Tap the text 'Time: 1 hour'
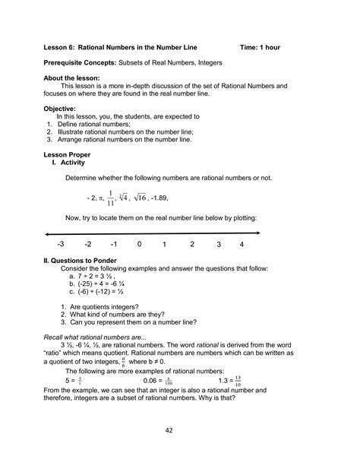(x=260, y=47)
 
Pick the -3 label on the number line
(x=61, y=245)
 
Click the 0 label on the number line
(x=139, y=245)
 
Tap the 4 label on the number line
(x=242, y=245)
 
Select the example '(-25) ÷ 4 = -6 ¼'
(x=99, y=283)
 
